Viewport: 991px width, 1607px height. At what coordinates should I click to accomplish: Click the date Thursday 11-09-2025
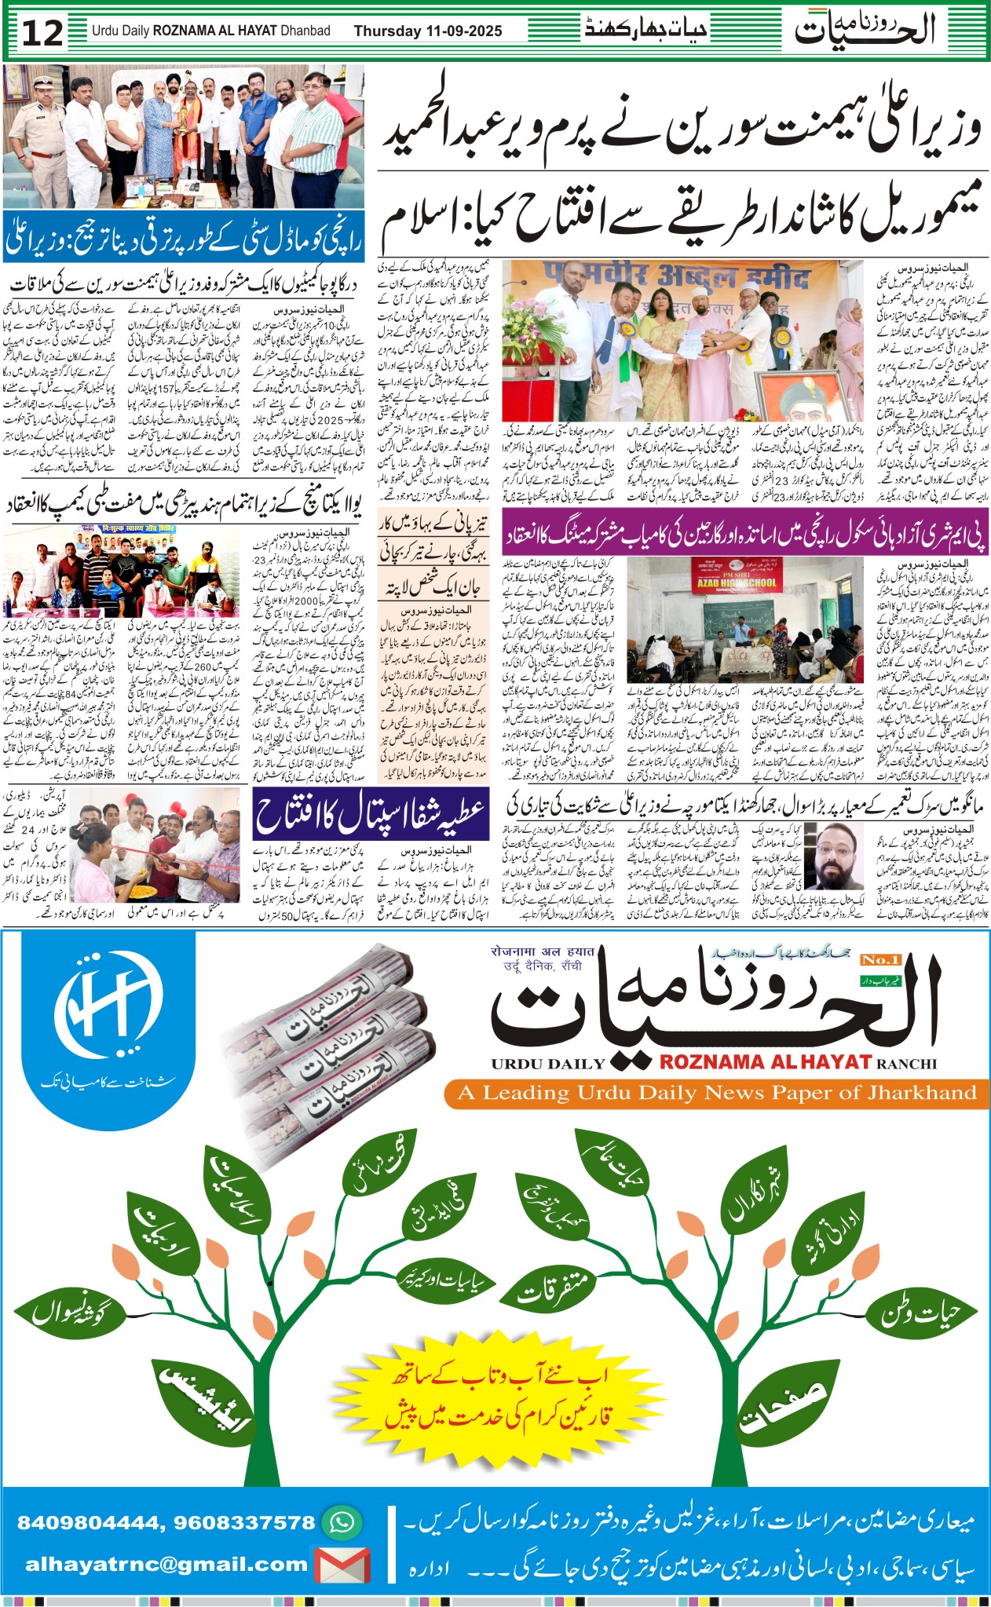(427, 31)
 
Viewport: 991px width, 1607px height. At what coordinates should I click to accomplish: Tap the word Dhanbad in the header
(305, 31)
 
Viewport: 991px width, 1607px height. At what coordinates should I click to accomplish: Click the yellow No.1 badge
(880, 959)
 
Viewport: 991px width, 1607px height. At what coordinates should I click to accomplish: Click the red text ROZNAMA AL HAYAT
(765, 1062)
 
